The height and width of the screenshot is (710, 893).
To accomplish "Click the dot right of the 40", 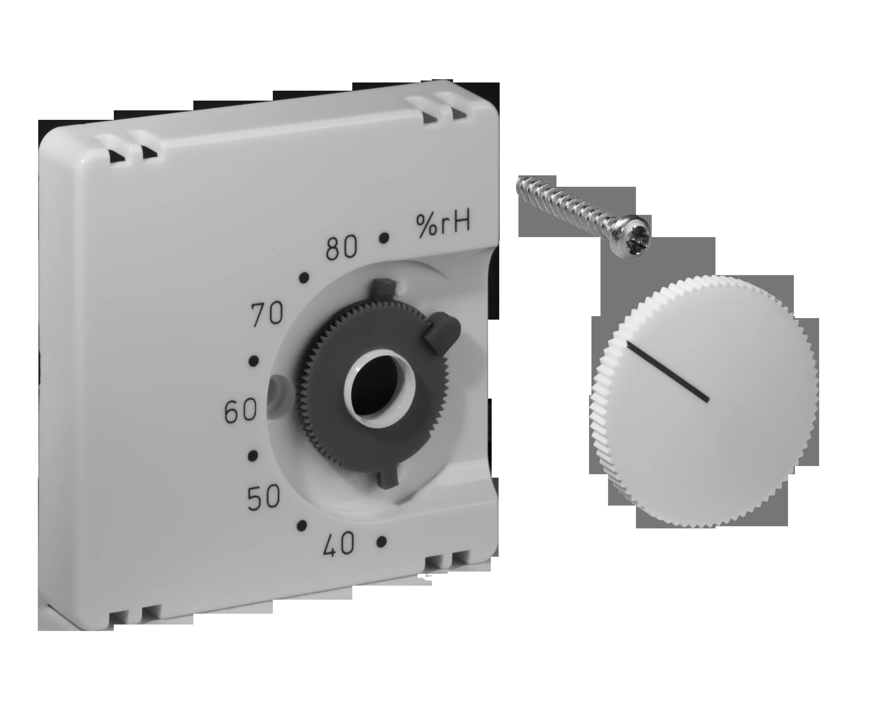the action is click(382, 541).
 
